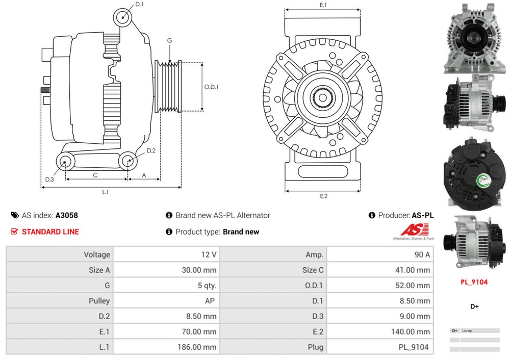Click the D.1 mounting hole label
pos(139,5)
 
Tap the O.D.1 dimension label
pos(211,87)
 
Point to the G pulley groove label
pos(169,40)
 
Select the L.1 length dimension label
pos(106,192)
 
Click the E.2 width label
pos(323,196)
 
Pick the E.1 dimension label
pos(323,5)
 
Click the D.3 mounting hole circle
pos(65,163)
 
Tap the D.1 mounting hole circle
pos(123,16)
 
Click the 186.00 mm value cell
pos(199,347)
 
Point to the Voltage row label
pos(96,254)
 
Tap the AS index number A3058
pos(67,216)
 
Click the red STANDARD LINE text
pos(50,232)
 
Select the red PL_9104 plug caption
pos(474,282)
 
